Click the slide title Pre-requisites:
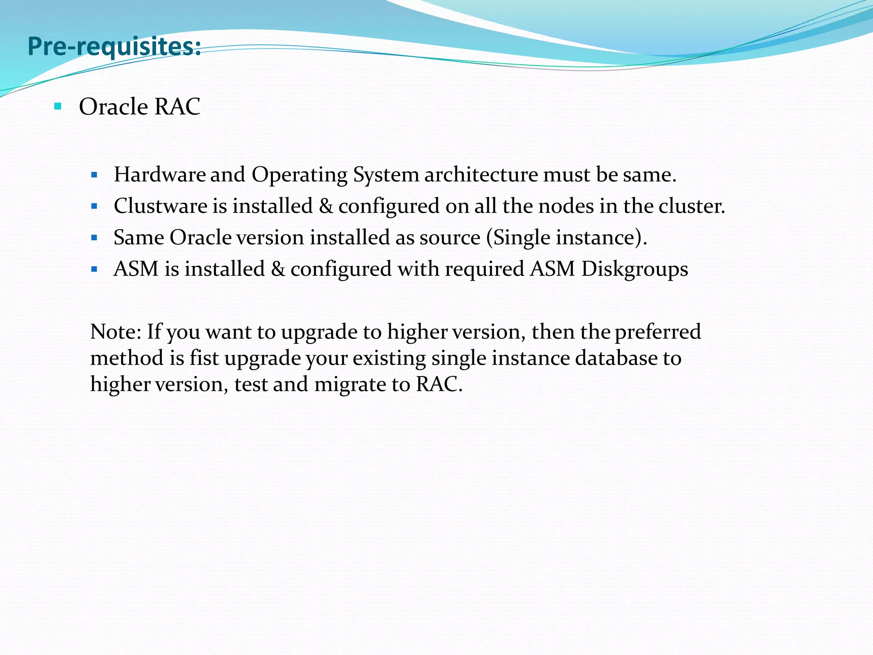pyautogui.click(x=114, y=47)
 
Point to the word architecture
pyautogui.click(x=481, y=174)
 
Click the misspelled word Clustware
pyautogui.click(x=160, y=206)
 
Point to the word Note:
pyautogui.click(x=116, y=332)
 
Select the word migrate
pyautogui.click(x=349, y=385)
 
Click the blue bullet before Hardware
pyautogui.click(x=95, y=175)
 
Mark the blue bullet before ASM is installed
pyautogui.click(x=95, y=270)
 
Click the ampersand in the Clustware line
pyautogui.click(x=326, y=206)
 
